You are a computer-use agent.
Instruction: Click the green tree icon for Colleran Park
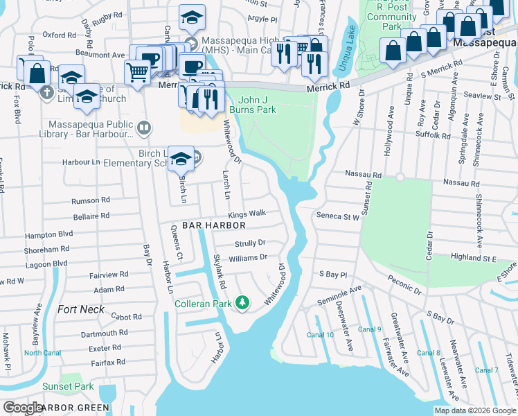[x=242, y=302]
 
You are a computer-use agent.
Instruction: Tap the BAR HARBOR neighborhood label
[x=214, y=226]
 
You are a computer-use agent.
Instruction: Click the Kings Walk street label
[x=247, y=215]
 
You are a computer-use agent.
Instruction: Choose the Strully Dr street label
[x=250, y=243]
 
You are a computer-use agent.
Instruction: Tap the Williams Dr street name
[x=248, y=257]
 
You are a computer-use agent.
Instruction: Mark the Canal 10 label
[x=321, y=335]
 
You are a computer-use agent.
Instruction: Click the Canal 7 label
[x=487, y=370]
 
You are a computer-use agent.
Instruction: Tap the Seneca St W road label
[x=338, y=216]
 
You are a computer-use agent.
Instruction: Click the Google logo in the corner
[x=22, y=407]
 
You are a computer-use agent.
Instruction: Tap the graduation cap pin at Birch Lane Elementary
[x=181, y=159]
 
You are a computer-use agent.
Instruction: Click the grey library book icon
[x=143, y=127]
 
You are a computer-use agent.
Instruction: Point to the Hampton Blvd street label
[x=53, y=234]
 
